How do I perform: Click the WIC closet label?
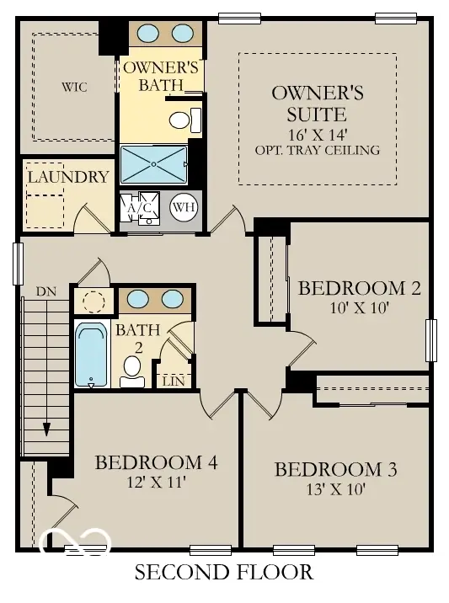pyautogui.click(x=74, y=87)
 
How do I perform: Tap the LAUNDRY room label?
pyautogui.click(x=67, y=177)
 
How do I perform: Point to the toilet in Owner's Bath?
pyautogui.click(x=179, y=120)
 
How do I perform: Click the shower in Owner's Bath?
pyautogui.click(x=153, y=164)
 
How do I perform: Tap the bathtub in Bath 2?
pyautogui.click(x=91, y=355)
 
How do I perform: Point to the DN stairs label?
pyautogui.click(x=45, y=291)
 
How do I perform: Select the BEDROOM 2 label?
pyautogui.click(x=360, y=289)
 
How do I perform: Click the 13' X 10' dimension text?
pyautogui.click(x=335, y=489)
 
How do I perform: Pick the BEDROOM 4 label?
pyautogui.click(x=157, y=462)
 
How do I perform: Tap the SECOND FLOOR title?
pyautogui.click(x=224, y=574)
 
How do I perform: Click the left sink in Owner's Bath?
pyautogui.click(x=148, y=34)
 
